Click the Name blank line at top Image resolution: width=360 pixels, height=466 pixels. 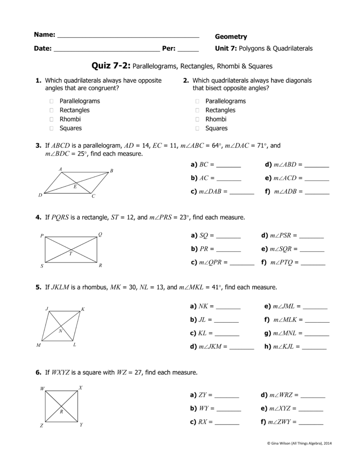tap(128, 36)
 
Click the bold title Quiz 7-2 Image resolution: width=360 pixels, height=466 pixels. tap(111, 66)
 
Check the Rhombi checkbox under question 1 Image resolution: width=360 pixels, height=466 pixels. tap(52, 119)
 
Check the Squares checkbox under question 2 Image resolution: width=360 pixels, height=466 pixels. tap(198, 128)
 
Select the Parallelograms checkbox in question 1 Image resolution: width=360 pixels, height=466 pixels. tap(52, 101)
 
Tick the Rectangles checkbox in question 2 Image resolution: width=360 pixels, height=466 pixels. tap(198, 110)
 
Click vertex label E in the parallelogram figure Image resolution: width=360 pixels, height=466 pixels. tap(75, 187)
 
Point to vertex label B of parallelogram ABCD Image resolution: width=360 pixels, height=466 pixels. tap(112, 171)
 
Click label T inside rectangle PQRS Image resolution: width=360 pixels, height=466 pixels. tap(71, 254)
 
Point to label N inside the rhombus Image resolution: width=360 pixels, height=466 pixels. tap(60, 331)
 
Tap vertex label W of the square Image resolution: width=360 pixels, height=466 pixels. tap(42, 388)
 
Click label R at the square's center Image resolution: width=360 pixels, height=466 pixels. tap(61, 411)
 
